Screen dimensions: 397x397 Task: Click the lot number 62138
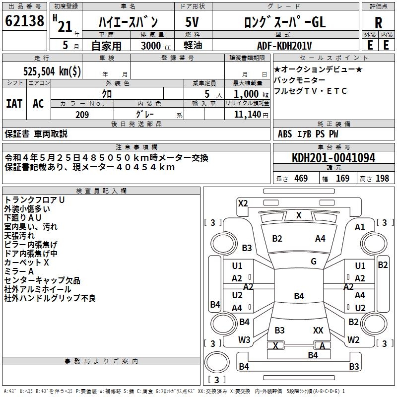click(x=25, y=21)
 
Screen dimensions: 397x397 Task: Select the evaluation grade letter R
click(x=378, y=23)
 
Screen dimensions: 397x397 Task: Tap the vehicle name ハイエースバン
click(x=128, y=22)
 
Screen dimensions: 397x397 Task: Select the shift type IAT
click(x=14, y=103)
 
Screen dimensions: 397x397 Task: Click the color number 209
click(x=82, y=115)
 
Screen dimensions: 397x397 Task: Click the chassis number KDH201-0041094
click(x=333, y=158)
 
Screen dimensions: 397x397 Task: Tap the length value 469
click(x=301, y=179)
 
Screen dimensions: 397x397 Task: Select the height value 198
click(x=382, y=179)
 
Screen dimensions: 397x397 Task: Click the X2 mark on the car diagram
click(x=243, y=203)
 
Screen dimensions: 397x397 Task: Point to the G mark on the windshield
click(x=314, y=262)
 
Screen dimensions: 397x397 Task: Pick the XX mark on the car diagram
click(x=319, y=330)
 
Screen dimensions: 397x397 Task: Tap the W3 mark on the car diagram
click(x=244, y=340)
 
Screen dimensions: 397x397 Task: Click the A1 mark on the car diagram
click(x=360, y=227)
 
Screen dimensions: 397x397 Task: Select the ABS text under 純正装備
click(x=285, y=134)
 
